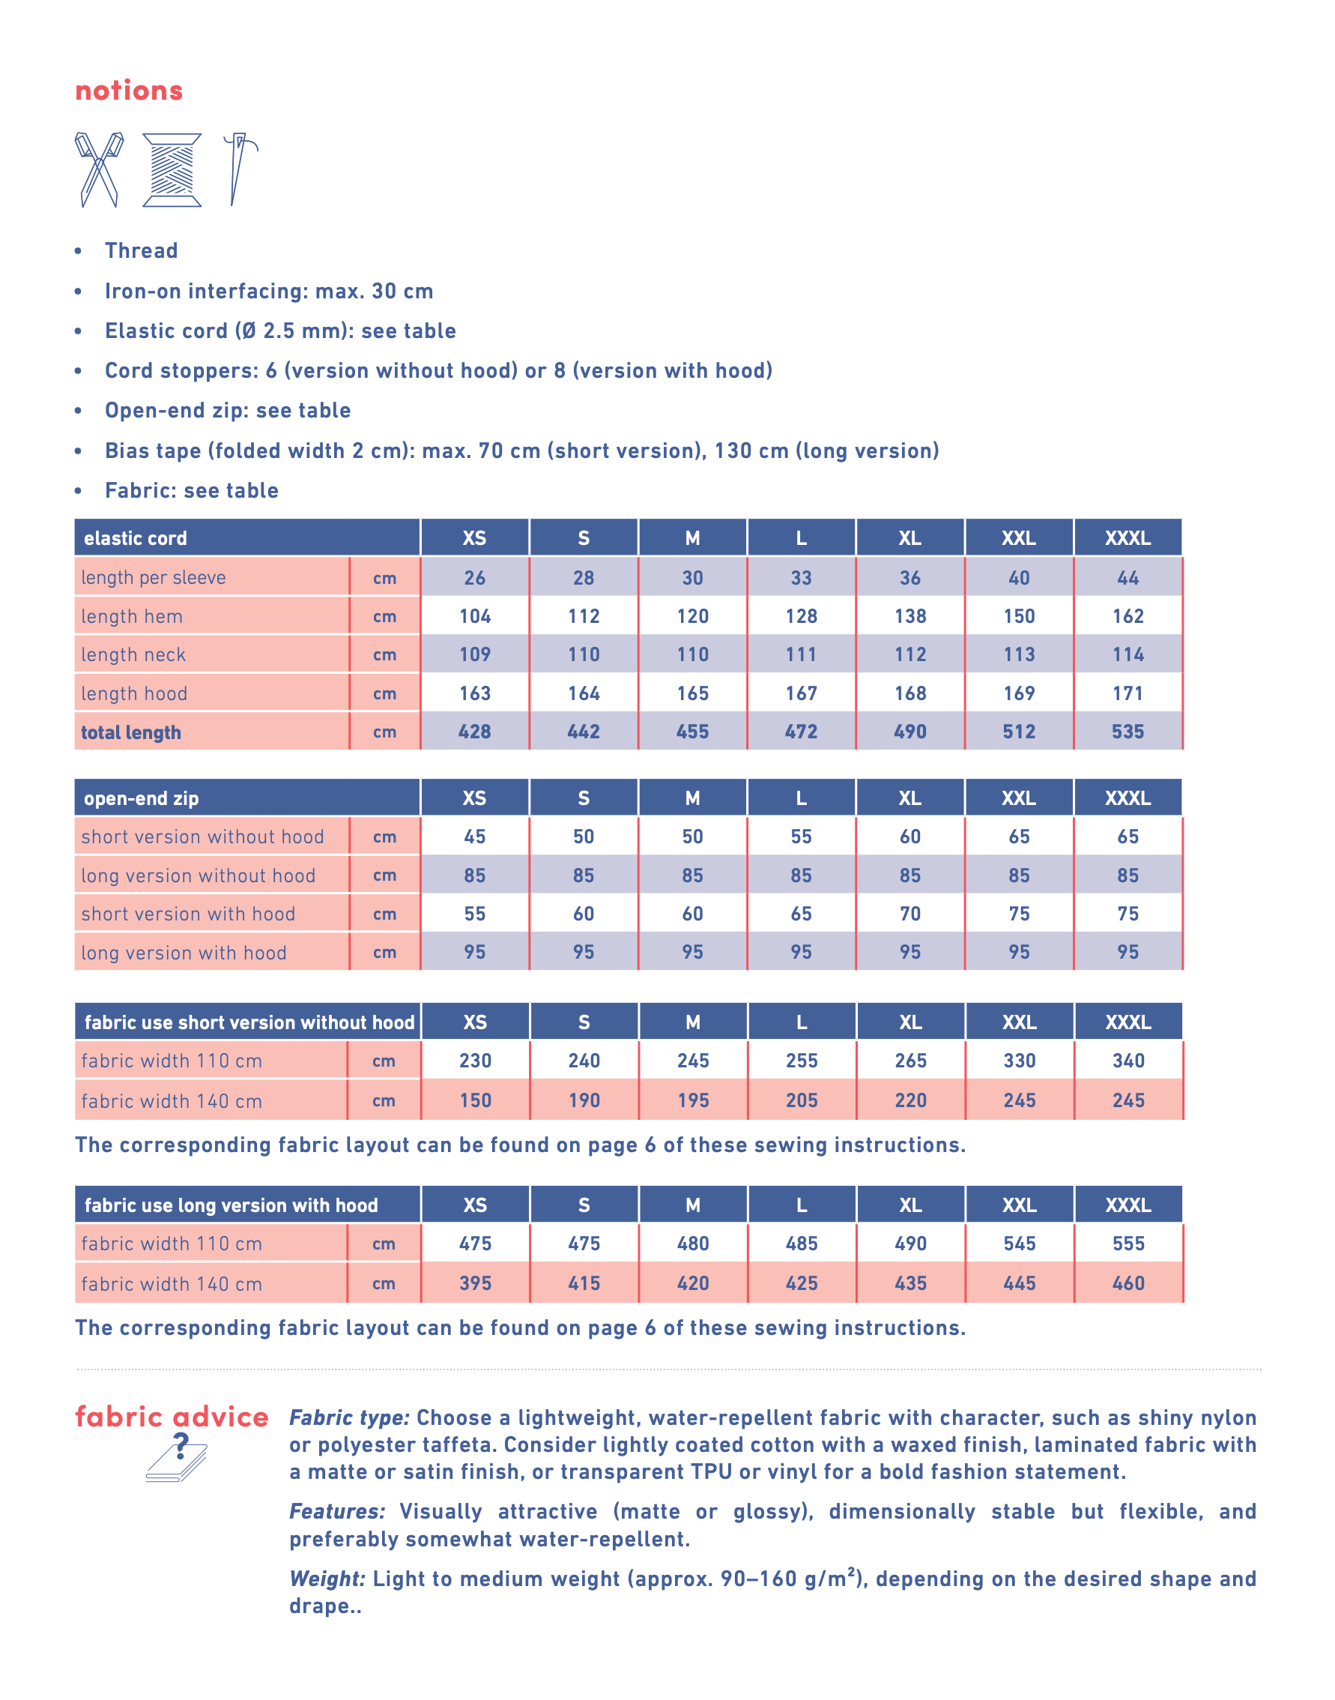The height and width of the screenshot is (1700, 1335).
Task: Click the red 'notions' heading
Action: [129, 91]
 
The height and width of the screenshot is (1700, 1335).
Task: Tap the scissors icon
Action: [100, 169]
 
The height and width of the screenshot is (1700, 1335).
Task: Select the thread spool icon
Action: [172, 169]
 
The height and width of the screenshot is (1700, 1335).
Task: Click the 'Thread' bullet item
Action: [142, 251]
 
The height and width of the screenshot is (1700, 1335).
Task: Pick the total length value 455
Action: [692, 732]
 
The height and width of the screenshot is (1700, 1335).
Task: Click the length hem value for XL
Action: [910, 616]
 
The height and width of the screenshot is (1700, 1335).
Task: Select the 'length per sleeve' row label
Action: [153, 578]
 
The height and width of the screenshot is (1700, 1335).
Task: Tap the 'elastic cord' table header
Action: [135, 538]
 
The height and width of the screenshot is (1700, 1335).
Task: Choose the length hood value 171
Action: [1128, 693]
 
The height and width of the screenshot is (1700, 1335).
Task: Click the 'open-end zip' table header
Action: [141, 798]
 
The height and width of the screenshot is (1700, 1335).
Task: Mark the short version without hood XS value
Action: [474, 837]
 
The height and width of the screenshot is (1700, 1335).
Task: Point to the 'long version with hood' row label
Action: [184, 953]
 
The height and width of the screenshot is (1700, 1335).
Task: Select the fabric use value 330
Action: [1019, 1061]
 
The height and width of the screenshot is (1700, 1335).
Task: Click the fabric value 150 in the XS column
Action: [475, 1101]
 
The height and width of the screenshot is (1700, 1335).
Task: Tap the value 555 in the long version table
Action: [1128, 1244]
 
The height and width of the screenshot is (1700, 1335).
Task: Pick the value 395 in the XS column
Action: [475, 1284]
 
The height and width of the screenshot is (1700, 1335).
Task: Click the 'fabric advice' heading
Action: [172, 1417]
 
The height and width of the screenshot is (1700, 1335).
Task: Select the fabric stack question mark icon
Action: [178, 1458]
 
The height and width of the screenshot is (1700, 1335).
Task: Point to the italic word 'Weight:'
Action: [327, 1579]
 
